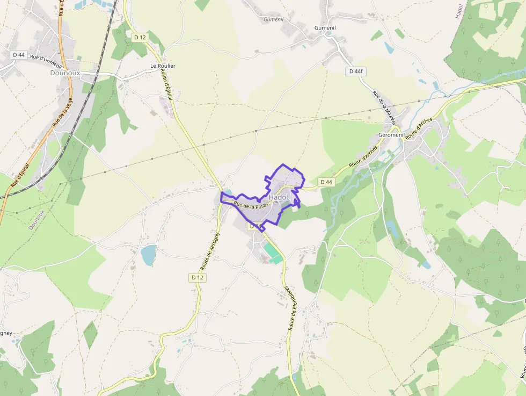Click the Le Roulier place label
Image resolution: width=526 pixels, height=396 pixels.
coord(163,66)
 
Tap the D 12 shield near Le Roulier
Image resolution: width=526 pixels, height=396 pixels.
coord(140,37)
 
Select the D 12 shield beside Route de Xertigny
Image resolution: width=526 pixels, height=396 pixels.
coord(198,277)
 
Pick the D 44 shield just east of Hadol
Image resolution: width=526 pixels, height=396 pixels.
coord(326,182)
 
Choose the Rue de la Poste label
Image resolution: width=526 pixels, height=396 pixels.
coord(251,205)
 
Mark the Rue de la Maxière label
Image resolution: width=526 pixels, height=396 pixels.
coord(384,106)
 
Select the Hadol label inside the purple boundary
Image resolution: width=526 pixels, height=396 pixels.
coord(279,198)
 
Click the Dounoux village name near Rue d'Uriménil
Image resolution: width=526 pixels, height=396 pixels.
coord(65,73)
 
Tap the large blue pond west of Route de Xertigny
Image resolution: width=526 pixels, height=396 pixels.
coord(149,255)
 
